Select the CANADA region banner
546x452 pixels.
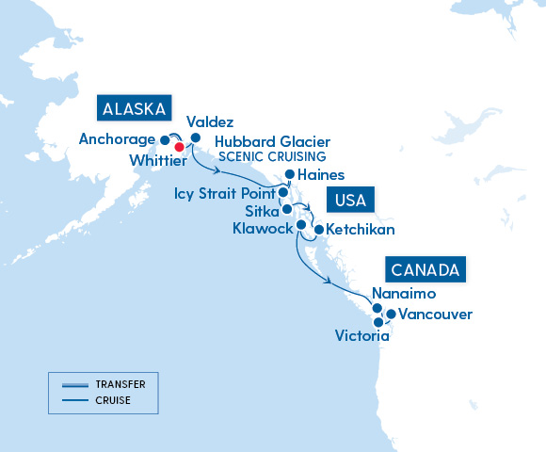pos(426,270)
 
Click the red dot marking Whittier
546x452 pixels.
pos(179,145)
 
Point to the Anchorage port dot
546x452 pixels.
pos(165,139)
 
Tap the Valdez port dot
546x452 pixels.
pos(196,138)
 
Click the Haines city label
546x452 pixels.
pos(321,175)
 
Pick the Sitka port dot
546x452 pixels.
pos(287,209)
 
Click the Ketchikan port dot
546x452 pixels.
pos(318,229)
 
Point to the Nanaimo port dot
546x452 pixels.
pos(377,308)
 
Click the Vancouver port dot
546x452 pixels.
pos(391,314)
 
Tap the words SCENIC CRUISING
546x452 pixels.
pos(272,156)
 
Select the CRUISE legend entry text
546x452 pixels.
pos(112,400)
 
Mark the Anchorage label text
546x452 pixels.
pos(117,139)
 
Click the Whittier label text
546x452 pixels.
pos(156,161)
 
